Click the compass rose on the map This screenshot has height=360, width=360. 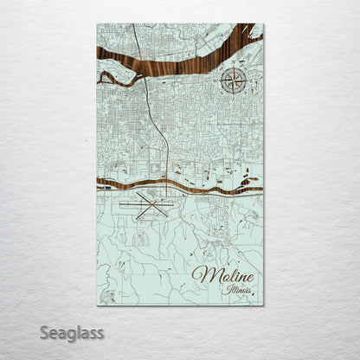(231, 80)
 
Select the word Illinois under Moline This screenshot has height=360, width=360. (237, 289)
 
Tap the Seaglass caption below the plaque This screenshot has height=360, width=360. (73, 332)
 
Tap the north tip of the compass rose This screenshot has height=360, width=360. (231, 67)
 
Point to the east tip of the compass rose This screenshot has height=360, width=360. (245, 80)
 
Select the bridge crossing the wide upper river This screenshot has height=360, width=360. (145, 67)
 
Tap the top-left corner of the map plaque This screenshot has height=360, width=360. (97, 24)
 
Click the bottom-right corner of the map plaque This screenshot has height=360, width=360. (264, 305)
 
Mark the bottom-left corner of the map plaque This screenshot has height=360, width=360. (97, 305)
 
